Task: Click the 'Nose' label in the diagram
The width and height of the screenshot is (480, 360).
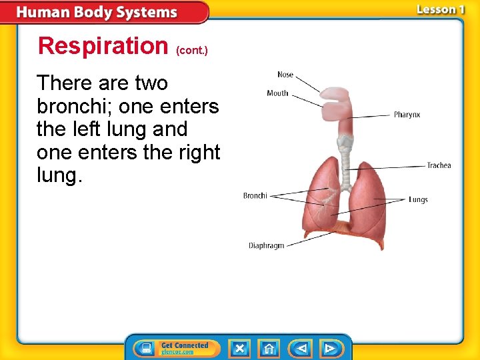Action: pos(285,74)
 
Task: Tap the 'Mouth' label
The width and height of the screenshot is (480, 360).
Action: pos(277,93)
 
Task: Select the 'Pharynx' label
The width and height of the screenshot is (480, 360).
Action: pos(407,115)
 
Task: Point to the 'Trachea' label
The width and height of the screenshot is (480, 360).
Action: pos(439,165)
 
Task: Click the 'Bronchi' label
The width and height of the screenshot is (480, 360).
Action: pos(255,196)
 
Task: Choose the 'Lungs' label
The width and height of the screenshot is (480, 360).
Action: pos(418,199)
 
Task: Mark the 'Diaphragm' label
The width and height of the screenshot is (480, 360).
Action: pos(266,245)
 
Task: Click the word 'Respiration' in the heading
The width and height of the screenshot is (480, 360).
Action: pos(103,46)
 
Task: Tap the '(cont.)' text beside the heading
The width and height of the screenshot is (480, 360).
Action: pos(192,50)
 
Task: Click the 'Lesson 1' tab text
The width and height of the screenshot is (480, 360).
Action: pos(440,9)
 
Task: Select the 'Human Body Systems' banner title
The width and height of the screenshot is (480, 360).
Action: pos(97,13)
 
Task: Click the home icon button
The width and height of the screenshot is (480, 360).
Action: pos(269,348)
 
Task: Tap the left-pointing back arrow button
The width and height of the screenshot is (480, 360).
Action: pos(301,348)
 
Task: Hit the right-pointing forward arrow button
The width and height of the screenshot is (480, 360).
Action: pos(329,348)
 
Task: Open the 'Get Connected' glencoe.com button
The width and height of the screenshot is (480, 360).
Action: pos(185,348)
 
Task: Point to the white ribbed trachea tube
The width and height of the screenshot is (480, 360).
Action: pos(345,161)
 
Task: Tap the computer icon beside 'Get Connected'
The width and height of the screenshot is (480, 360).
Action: pos(144,348)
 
